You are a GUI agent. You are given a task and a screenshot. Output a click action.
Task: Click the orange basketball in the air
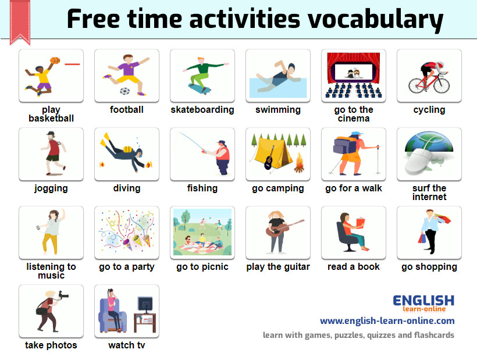click(x=55, y=60)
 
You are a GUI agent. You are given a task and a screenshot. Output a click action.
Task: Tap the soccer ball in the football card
click(x=124, y=91)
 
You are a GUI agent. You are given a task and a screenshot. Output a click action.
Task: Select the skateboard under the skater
click(x=200, y=89)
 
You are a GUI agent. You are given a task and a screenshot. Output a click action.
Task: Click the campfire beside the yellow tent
click(x=299, y=163)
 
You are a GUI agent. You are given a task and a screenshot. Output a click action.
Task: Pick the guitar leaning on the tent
click(x=269, y=158)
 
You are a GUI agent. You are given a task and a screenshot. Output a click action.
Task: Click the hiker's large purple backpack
click(x=345, y=145)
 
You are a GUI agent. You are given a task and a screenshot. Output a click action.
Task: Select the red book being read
click(x=360, y=223)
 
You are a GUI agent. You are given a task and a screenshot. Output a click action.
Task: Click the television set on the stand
click(x=145, y=305)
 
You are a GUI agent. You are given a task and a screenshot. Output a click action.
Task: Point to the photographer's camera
click(x=63, y=295)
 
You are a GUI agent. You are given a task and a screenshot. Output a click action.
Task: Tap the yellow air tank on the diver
click(x=127, y=149)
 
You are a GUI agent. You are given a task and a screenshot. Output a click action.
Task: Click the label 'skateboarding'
click(x=202, y=109)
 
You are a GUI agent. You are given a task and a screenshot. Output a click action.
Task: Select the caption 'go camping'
click(x=277, y=188)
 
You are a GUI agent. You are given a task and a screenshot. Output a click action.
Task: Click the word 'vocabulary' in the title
click(x=375, y=19)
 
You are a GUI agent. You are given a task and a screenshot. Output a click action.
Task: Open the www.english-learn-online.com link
click(x=387, y=321)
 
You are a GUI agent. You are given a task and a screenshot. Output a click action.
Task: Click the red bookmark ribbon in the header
click(x=20, y=22)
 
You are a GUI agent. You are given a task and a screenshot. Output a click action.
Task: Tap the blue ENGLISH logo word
click(x=423, y=301)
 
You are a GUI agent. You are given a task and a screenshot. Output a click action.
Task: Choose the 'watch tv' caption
click(x=127, y=345)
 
